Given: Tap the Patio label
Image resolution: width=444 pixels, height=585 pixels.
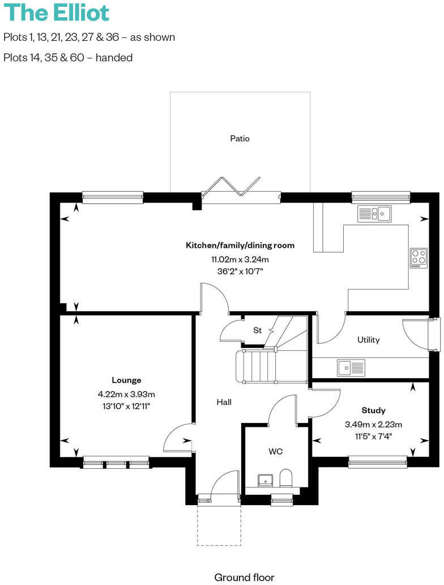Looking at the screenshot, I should tap(240, 138).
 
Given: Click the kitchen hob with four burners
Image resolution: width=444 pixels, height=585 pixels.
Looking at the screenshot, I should tap(419, 258).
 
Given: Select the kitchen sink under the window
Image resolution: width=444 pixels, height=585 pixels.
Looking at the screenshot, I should tap(374, 214).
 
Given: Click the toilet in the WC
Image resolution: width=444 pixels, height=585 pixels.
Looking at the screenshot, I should tap(287, 478).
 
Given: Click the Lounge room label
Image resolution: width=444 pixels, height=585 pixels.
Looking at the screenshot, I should tap(126, 380).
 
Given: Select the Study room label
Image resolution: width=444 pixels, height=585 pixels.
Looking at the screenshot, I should tap(373, 410).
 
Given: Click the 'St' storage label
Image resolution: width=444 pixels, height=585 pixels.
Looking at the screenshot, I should tap(257, 330).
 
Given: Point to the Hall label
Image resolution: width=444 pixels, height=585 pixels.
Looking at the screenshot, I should tap(224, 402).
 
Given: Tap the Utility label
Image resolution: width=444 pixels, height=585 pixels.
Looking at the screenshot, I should tap(368, 340).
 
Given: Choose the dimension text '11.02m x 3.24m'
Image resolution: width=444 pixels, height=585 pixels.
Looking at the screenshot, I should tap(240, 260).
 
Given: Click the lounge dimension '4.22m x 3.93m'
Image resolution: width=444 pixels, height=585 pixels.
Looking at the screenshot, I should tap(126, 394).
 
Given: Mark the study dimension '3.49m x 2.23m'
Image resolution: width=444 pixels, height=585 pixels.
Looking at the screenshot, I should tap(373, 424).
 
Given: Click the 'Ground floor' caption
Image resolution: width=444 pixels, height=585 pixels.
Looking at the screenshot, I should tap(244, 578).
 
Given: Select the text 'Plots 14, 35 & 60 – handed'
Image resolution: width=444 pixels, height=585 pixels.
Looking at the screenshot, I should tap(68, 57).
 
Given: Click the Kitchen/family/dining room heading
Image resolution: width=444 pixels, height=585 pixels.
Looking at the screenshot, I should tap(240, 245).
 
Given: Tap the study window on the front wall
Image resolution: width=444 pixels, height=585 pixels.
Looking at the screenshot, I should tap(378, 462).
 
